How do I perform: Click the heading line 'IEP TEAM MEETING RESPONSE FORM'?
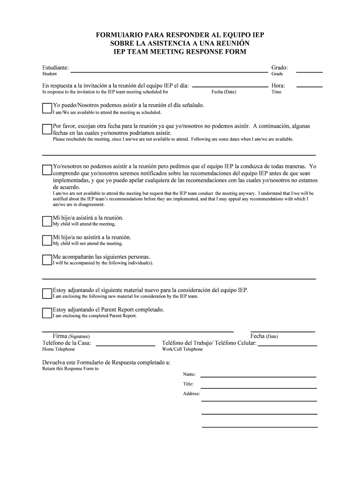pos(180,51)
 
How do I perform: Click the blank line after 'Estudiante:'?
pos(168,72)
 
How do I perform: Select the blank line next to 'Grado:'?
pos(310,72)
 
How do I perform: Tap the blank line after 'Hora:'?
pos(310,87)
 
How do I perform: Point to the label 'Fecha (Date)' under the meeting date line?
pos(224,92)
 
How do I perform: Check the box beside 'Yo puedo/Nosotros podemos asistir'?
pos(47,109)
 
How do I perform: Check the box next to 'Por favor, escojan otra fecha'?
pos(47,129)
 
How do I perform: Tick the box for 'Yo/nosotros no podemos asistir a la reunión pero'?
pos(47,169)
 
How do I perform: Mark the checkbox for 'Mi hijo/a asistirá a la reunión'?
pos(47,221)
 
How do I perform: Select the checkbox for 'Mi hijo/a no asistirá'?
pos(47,240)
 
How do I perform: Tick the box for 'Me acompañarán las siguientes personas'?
pos(47,260)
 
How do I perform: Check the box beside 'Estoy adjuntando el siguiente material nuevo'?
pos(47,293)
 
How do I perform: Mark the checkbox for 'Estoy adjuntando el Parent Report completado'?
pos(47,312)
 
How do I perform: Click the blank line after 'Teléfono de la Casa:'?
pos(125,345)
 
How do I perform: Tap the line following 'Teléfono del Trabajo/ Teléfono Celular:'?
pos(288,345)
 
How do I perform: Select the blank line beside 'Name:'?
pos(259,376)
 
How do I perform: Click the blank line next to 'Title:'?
pos(259,386)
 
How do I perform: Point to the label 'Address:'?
pos(191,394)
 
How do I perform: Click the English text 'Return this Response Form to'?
pos(70,369)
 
